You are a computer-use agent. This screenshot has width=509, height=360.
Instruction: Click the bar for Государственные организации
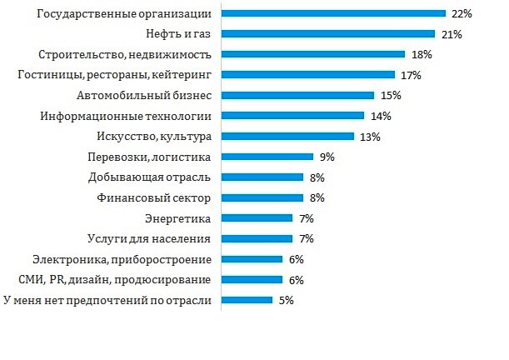(x=333, y=14)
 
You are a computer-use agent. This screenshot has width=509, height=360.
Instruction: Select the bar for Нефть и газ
(x=328, y=34)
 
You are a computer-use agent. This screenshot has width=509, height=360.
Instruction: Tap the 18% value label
(x=422, y=54)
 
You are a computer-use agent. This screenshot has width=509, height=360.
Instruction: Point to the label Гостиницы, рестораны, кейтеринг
(x=115, y=75)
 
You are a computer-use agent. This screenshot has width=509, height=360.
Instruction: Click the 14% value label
(x=381, y=116)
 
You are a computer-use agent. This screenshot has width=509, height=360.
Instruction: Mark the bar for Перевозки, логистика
(x=267, y=156)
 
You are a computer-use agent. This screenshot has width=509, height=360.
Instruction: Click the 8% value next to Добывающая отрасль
(x=317, y=177)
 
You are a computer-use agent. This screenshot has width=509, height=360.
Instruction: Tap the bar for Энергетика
(x=257, y=217)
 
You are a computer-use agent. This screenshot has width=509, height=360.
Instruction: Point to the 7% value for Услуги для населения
(x=306, y=238)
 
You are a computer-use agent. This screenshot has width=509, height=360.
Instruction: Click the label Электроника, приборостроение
(x=122, y=258)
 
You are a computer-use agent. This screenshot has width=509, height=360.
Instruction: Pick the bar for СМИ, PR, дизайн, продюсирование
(x=252, y=279)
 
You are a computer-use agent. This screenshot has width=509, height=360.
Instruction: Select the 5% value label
(x=286, y=299)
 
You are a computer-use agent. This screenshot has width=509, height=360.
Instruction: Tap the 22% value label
(x=462, y=14)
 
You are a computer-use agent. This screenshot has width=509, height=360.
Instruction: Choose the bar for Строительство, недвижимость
(x=313, y=54)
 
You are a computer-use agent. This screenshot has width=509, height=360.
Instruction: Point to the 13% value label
(x=371, y=136)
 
